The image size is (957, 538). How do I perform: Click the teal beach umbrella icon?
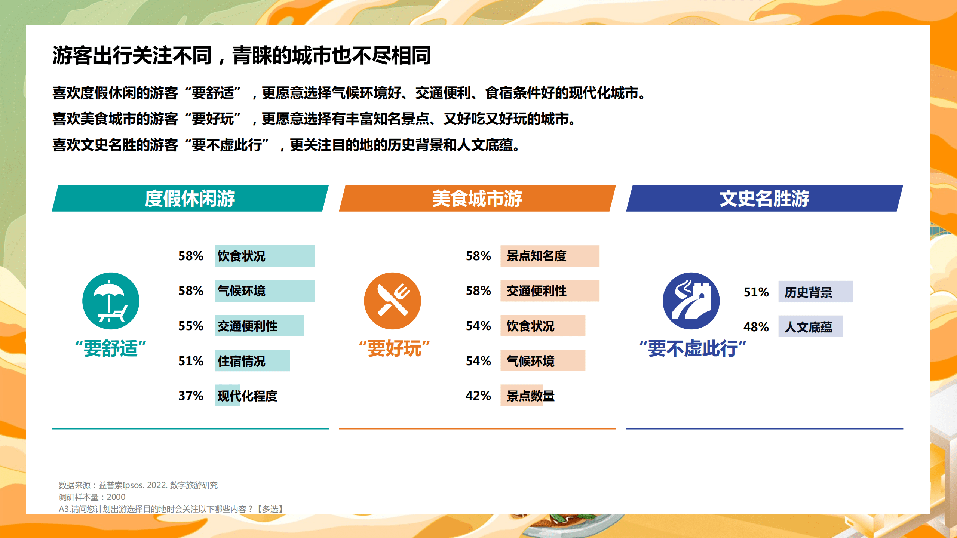111,301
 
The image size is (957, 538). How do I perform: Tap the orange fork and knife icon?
392,301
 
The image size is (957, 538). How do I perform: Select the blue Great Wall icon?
691,301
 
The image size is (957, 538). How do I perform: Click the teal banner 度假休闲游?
190,198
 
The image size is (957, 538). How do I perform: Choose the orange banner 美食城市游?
477,198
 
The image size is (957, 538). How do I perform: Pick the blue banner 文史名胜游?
764,198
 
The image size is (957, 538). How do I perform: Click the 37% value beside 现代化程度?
191,396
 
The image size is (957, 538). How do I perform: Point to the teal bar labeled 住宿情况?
252,361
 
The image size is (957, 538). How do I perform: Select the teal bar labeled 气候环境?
265,291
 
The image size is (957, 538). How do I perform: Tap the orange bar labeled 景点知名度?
550,256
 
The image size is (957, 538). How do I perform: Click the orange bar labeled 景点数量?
522,396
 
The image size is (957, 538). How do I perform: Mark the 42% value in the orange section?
478,396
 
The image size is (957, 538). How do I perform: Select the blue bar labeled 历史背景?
815,292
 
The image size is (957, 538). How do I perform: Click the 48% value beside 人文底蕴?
756,327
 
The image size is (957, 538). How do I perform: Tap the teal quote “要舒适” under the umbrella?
111,348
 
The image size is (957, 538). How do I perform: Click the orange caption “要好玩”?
394,348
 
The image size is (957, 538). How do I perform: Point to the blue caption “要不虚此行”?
693,348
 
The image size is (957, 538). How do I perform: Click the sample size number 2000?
116,497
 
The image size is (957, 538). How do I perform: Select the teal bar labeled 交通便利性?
259,326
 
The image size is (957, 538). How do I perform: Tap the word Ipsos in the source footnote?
133,485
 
